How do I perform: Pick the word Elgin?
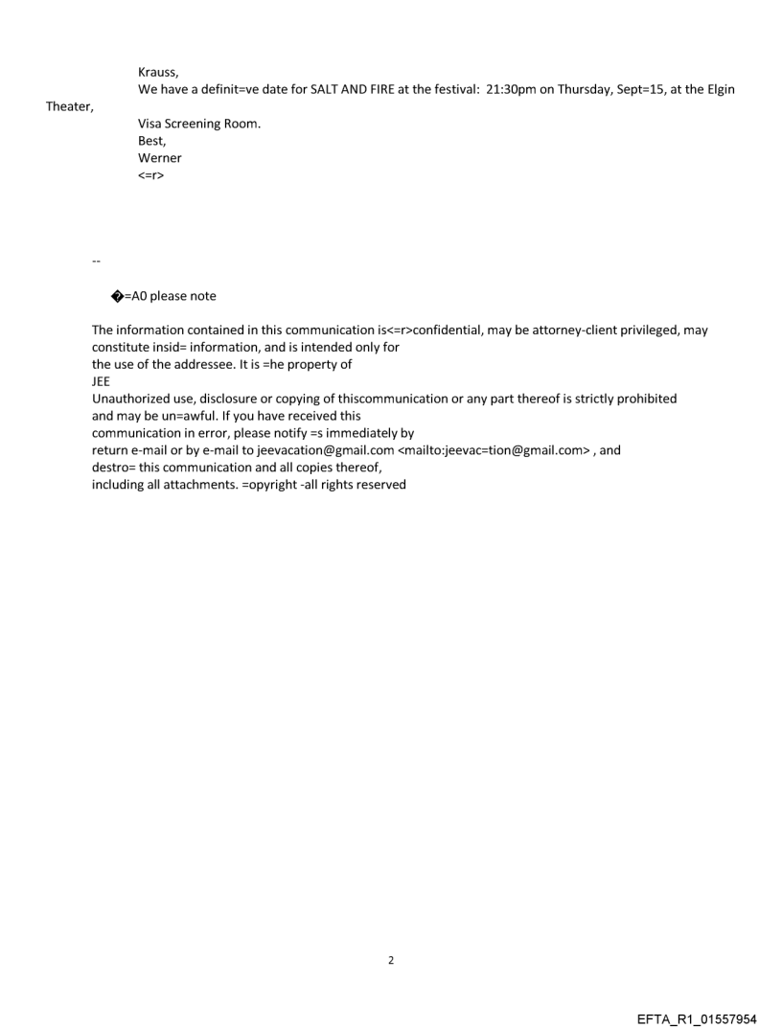tap(720, 89)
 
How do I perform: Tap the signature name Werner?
tap(160, 158)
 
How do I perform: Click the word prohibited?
tap(647, 399)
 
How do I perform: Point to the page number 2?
tap(390, 961)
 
